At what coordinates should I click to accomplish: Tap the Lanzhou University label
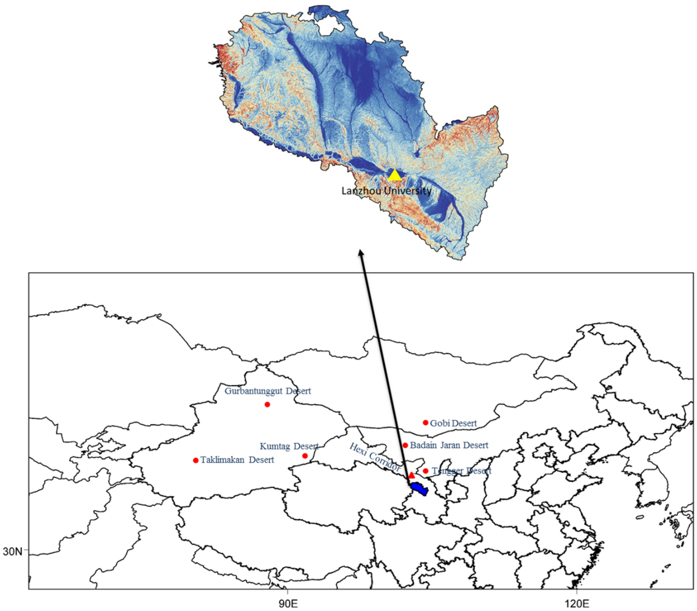click(x=386, y=191)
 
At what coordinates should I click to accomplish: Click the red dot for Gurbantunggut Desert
click(x=267, y=404)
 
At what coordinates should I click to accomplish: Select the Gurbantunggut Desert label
click(x=268, y=391)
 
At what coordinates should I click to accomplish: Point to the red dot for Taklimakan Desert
click(x=196, y=460)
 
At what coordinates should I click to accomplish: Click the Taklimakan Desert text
click(x=237, y=460)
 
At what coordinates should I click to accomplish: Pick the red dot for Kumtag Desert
click(x=305, y=456)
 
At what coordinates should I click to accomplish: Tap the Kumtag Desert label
click(x=289, y=446)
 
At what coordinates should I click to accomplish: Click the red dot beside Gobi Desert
click(x=425, y=423)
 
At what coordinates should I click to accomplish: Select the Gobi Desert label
click(x=453, y=423)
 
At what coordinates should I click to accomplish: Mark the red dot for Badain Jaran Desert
click(x=405, y=445)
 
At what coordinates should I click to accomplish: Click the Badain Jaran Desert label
click(x=449, y=445)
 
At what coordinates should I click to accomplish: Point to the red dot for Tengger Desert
click(x=425, y=471)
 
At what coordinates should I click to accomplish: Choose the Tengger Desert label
click(x=462, y=471)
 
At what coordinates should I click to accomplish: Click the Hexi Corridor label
click(x=375, y=458)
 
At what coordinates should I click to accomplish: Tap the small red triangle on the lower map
click(x=412, y=475)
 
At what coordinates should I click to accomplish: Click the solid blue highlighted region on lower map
click(x=419, y=489)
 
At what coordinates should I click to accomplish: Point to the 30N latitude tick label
click(x=13, y=551)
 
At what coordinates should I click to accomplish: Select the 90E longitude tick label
click(x=288, y=604)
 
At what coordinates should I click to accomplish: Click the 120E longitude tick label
click(x=577, y=604)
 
